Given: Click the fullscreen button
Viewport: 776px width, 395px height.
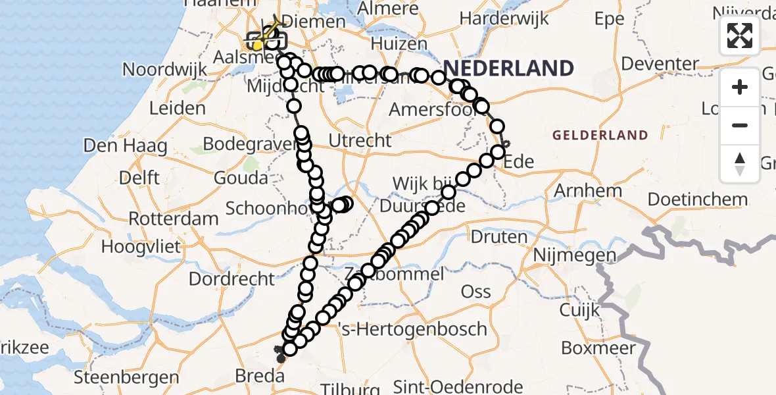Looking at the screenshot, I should (x=740, y=36).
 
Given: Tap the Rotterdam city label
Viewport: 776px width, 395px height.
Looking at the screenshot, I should (x=174, y=218).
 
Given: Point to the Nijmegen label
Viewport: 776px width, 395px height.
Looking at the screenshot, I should (x=575, y=255).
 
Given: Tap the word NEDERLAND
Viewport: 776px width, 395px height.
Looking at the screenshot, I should (x=508, y=68).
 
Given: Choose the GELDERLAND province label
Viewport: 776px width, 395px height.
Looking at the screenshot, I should (x=600, y=136).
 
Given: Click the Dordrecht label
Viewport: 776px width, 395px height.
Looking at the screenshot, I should (x=231, y=278).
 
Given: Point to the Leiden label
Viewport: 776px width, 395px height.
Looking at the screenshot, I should (x=178, y=108).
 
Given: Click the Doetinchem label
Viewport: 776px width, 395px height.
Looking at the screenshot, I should (x=697, y=199).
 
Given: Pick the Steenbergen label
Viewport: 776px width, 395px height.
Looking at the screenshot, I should (x=126, y=378).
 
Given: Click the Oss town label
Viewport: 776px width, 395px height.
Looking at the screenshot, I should (x=475, y=292).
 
